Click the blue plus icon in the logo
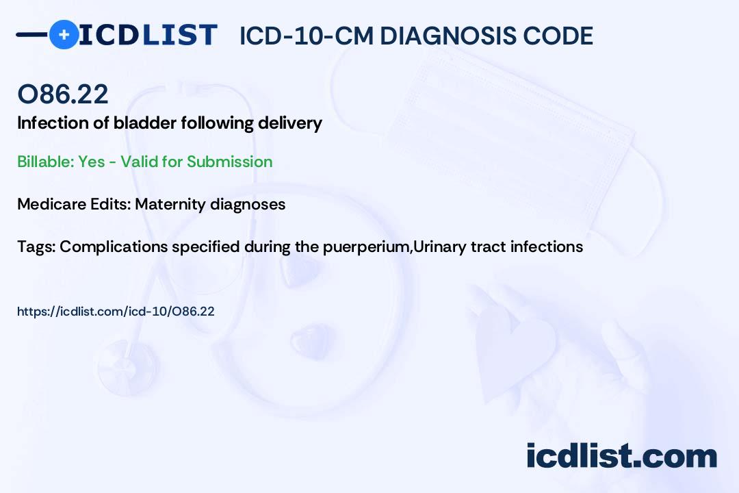pyautogui.click(x=64, y=34)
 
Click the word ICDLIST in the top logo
pyautogui.click(x=148, y=35)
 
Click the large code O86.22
pyautogui.click(x=63, y=94)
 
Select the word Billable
pyautogui.click(x=46, y=162)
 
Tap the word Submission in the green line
pyautogui.click(x=229, y=162)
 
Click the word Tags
pyautogui.click(x=36, y=246)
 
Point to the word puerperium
pyautogui.click(x=367, y=247)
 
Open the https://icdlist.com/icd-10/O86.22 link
pyautogui.click(x=116, y=312)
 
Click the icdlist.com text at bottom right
pyautogui.click(x=621, y=456)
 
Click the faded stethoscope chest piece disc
pyautogui.click(x=127, y=367)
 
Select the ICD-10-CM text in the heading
pyautogui.click(x=307, y=36)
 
